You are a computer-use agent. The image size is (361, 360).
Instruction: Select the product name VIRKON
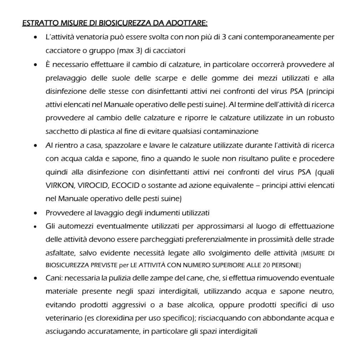(x=58, y=185)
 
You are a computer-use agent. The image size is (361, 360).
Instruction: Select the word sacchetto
(x=60, y=131)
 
